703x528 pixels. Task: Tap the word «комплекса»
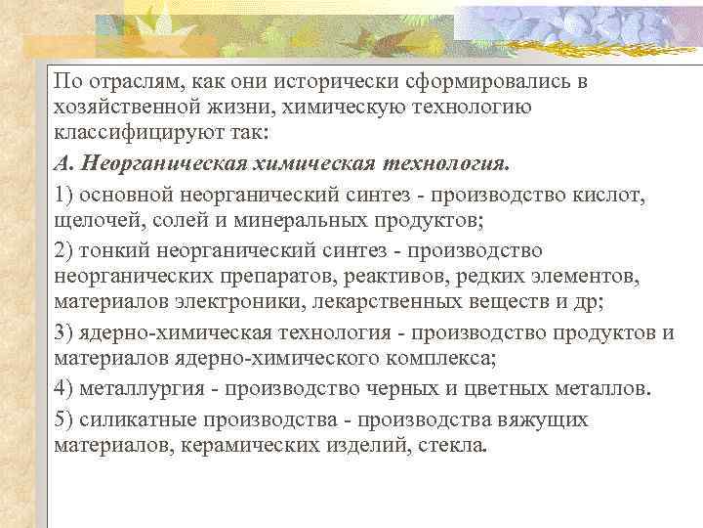(443, 358)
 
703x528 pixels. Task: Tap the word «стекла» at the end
(454, 446)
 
